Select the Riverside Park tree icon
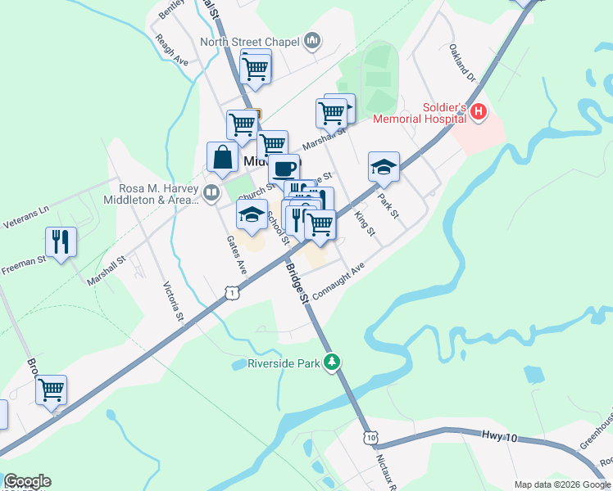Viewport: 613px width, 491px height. pyautogui.click(x=332, y=361)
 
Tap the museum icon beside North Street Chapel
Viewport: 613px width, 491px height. pyautogui.click(x=311, y=40)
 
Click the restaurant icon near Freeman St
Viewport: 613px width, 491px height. pyautogui.click(x=61, y=241)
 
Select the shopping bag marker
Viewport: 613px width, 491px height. pyautogui.click(x=223, y=156)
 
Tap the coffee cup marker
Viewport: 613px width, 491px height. pyautogui.click(x=284, y=168)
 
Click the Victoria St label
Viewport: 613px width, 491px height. pyautogui.click(x=172, y=300)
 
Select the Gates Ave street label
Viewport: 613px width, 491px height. pyautogui.click(x=236, y=255)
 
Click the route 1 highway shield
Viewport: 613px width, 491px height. pyautogui.click(x=234, y=292)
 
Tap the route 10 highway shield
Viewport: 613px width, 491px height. pyautogui.click(x=372, y=438)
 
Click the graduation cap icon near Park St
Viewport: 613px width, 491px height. pyautogui.click(x=383, y=166)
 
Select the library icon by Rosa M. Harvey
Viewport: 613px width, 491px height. pyautogui.click(x=211, y=193)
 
